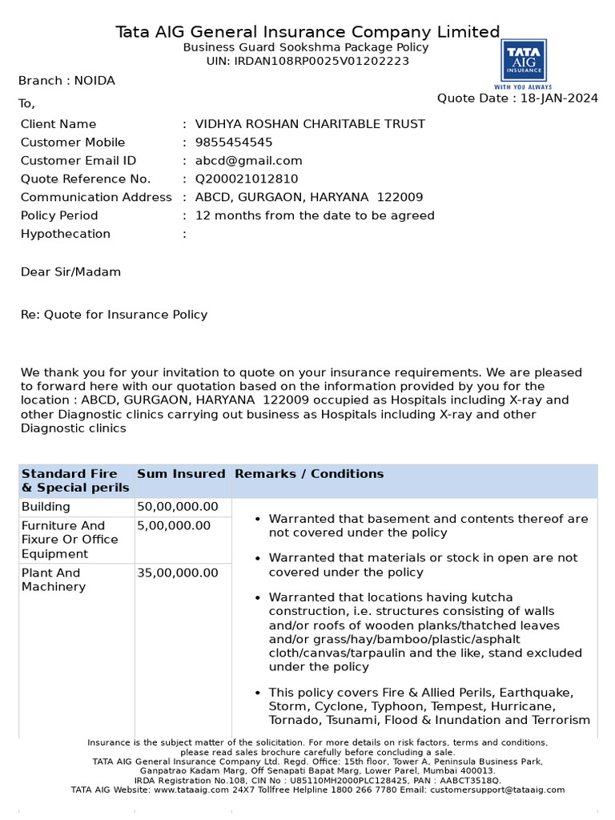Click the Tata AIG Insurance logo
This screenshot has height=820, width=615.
pos(524,64)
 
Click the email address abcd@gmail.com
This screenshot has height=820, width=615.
pos(249,161)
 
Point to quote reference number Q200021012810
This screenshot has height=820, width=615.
pos(247,179)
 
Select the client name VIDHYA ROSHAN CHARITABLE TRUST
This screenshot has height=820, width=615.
pos(311,124)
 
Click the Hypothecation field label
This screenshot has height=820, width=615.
pos(66,234)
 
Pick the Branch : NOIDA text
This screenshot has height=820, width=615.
pos(66,81)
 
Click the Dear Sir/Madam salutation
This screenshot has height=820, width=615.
pos(70,272)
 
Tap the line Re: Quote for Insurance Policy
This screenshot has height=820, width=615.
pos(114,315)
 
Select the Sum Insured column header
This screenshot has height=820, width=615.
pos(181,474)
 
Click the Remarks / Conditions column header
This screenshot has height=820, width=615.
pos(309,474)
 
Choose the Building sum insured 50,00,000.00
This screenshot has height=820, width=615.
pos(178,507)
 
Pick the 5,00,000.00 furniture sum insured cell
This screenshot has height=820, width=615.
pos(174,526)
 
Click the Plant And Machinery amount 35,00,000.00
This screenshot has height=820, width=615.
pos(178,573)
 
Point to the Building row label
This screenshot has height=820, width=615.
pos(46,507)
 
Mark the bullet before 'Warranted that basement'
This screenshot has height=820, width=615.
pos(257,520)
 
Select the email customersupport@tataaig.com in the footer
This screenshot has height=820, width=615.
pos(497,790)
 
